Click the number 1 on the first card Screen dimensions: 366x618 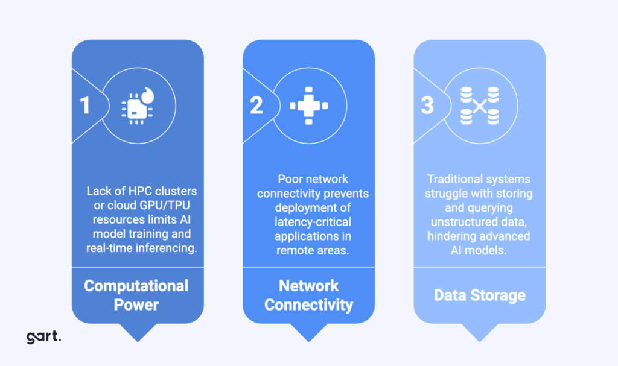click(x=85, y=106)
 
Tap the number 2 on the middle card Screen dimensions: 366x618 click(x=256, y=106)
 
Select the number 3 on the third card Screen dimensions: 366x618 click(x=427, y=106)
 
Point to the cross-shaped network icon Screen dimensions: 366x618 click(x=308, y=106)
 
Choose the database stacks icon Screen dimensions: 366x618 click(x=480, y=106)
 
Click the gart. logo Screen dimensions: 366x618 click(x=43, y=336)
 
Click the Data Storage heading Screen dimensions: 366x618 click(x=480, y=295)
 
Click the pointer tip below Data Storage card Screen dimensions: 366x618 click(x=480, y=339)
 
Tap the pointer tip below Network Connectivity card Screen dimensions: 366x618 click(x=308, y=339)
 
